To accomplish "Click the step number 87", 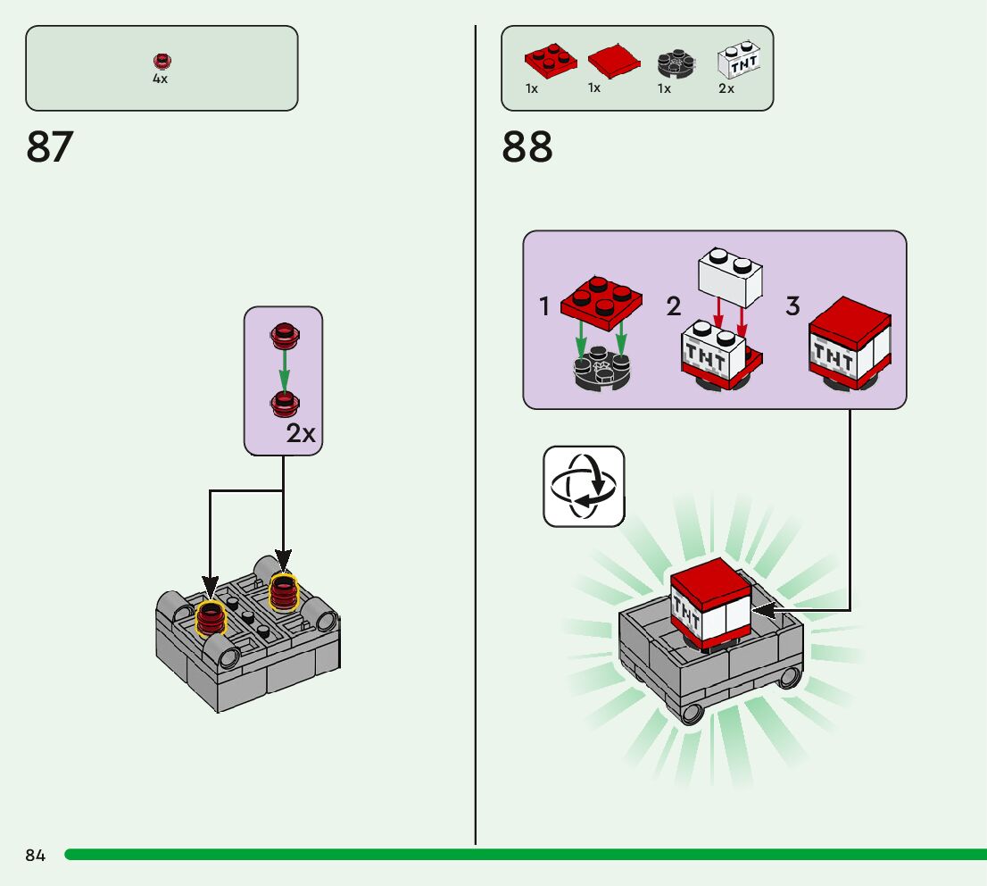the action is click(50, 147).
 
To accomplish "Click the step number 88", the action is click(527, 147).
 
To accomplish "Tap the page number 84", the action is click(36, 856).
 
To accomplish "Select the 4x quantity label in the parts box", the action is click(160, 79).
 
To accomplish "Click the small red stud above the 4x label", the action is click(161, 62).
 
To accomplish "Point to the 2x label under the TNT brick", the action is click(726, 88).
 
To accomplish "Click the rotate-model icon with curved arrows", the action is click(584, 487).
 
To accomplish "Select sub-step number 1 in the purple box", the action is click(544, 307).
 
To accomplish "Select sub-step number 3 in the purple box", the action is click(792, 306).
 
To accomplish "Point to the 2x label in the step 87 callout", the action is click(302, 434).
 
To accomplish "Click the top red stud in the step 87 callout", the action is click(284, 335).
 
